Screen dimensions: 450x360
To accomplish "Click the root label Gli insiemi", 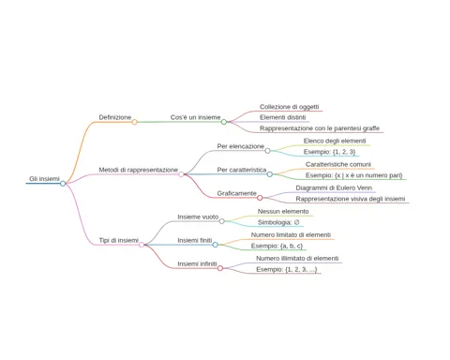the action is pos(44,179).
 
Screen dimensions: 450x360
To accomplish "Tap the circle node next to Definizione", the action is pos(134,122).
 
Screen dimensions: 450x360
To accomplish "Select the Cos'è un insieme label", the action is pos(195,117).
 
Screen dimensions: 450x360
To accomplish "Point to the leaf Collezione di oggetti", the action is pos(289,107).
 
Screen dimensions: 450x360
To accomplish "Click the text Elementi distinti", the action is pos(282,117).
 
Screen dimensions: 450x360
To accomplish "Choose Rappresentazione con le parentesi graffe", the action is pos(320,128).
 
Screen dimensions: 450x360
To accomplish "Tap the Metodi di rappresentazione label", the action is pos(138,170).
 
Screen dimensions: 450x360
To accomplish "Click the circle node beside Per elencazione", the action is pos(267,151).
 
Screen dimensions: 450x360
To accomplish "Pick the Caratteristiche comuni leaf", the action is pos(338,164).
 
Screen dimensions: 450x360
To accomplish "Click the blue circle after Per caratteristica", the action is pos(270,174).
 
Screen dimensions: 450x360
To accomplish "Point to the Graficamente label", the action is pos(236,193).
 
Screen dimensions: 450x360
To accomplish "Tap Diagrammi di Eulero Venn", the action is pos(334,187).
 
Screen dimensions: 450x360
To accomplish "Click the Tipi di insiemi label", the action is pos(118,240).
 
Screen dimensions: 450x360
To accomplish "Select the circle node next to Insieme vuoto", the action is pos(222,221).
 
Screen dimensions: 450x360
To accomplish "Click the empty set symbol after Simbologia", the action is pos(296,222).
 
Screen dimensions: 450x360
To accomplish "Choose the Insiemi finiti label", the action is pos(195,240).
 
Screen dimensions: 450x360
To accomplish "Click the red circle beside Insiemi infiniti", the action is pos(220,268).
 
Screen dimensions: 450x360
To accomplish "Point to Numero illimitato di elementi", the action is pos(297,259).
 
